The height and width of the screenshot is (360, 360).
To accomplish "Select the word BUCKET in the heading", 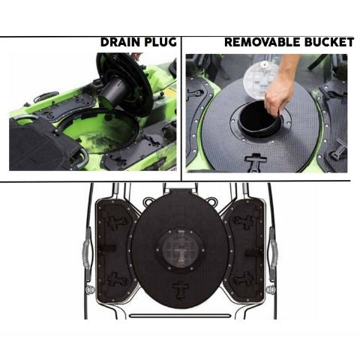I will pyautogui.click(x=328, y=43).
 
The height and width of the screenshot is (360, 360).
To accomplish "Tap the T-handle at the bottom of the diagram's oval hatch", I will pyautogui.click(x=179, y=289).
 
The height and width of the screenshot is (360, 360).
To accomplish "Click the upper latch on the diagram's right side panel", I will pyautogui.click(x=243, y=222).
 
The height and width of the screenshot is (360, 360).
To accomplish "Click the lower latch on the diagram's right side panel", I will pyautogui.click(x=243, y=279).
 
